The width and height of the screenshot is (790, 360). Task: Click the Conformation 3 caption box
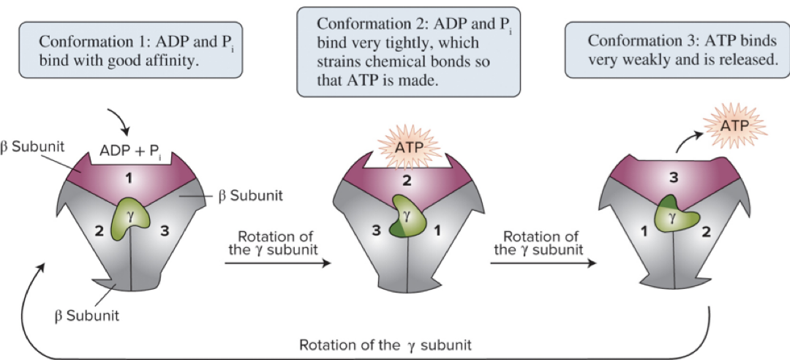[677, 50]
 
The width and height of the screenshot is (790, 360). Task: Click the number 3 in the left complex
[165, 231]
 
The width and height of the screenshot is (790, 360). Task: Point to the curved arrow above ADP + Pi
[121, 121]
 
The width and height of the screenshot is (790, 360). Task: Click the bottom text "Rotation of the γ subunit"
[385, 343]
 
